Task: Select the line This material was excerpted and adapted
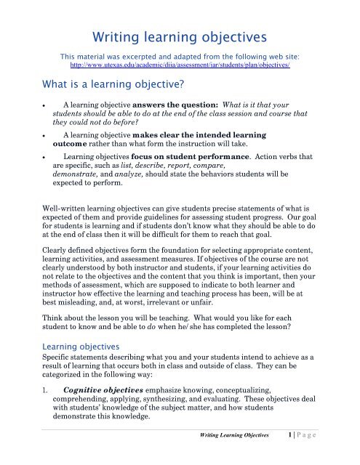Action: click(179, 55)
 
